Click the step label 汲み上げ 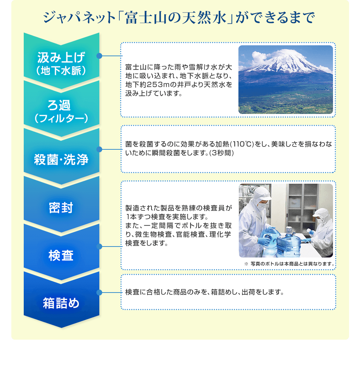[61, 57]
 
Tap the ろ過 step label [59, 105]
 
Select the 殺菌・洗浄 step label [61, 160]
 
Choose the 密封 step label [61, 207]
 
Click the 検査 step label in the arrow [61, 256]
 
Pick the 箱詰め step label [61, 303]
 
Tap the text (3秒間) [222, 153]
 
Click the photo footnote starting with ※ [290, 264]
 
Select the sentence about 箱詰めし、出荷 [204, 292]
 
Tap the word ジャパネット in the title [80, 18]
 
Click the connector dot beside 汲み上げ [99, 56]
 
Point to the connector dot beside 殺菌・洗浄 [99, 149]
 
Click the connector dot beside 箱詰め [99, 293]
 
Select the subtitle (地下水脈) [61, 71]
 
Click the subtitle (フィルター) [61, 118]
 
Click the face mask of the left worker [261, 206]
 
